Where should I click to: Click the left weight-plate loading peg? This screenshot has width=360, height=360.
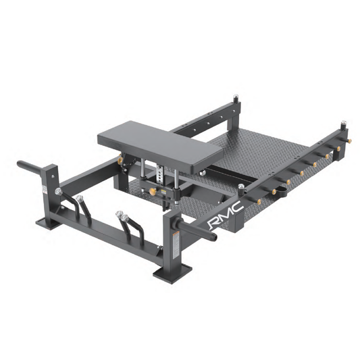pos(31,164)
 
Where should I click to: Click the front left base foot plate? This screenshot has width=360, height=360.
pos(51,222)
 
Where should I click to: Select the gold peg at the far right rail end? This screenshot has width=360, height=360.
pos(349,141)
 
